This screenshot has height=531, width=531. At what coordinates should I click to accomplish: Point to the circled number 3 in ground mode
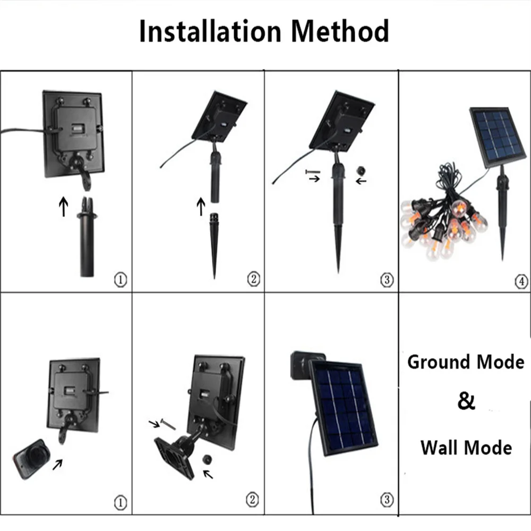coord(386,279)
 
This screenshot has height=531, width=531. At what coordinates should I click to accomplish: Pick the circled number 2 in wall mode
coord(253,500)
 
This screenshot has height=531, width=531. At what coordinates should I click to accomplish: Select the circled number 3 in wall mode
coord(386,500)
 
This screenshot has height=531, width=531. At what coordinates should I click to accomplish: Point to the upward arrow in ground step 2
coord(201,206)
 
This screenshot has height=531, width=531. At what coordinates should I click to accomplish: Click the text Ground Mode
coord(466,362)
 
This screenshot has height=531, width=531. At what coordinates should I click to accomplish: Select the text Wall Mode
coord(466,447)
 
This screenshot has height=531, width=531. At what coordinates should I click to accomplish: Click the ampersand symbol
coord(466,401)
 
